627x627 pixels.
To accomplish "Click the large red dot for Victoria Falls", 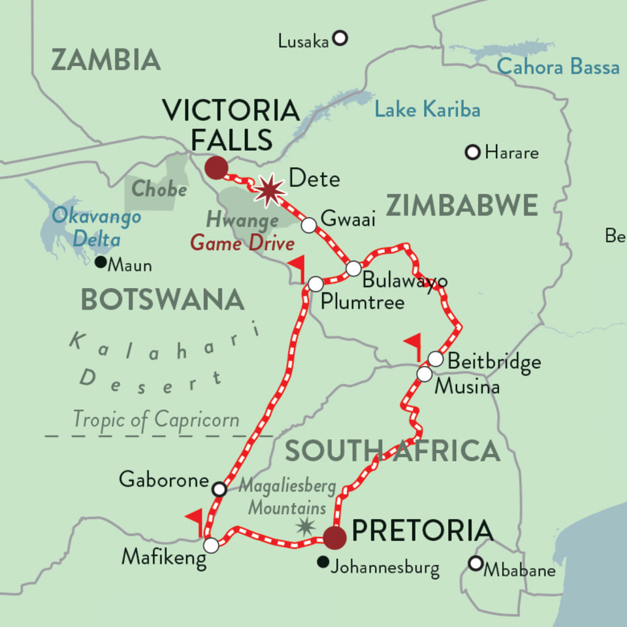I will tap(216, 167).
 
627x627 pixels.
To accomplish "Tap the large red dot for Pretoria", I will tap(334, 538).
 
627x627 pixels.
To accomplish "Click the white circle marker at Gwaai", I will tap(309, 225).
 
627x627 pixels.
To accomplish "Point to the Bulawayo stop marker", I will tap(353, 268).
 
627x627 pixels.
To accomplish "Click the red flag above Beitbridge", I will tap(413, 344).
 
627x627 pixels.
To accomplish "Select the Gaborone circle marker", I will tap(219, 489).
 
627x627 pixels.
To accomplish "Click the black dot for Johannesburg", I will tap(322, 562).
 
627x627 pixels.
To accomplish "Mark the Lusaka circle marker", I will tap(340, 39).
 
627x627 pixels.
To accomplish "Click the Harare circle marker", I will tap(472, 152).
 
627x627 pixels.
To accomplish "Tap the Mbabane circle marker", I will tap(475, 563).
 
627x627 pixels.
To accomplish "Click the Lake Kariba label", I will tap(427, 110).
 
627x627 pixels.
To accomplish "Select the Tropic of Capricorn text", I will tap(156, 419).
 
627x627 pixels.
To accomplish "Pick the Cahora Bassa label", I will tap(558, 67).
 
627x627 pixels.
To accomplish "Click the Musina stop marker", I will tap(425, 374).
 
